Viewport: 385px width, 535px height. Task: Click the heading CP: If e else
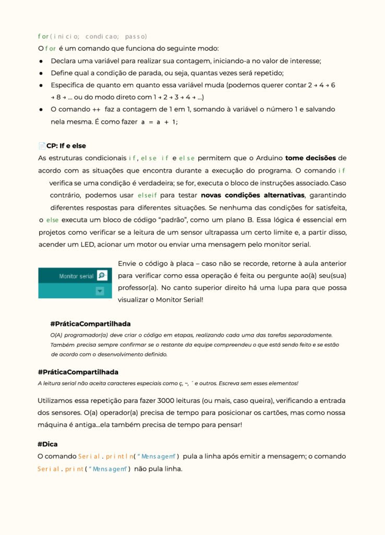tap(66, 146)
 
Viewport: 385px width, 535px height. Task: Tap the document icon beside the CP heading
tap(42, 146)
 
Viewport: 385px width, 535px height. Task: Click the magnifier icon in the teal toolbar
tap(102, 275)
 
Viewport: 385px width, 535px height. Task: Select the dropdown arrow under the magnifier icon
tap(100, 292)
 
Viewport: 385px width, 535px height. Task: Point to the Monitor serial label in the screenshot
tap(76, 276)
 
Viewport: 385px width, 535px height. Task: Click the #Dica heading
tap(47, 444)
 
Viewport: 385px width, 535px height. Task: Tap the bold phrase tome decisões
tap(310, 158)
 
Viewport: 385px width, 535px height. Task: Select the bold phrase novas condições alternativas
tap(252, 195)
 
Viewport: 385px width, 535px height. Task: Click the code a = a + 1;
tap(160, 122)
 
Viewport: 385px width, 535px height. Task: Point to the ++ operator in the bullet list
tap(97, 110)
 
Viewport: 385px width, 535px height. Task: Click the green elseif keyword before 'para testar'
tap(147, 195)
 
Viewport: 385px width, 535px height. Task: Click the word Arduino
tap(268, 158)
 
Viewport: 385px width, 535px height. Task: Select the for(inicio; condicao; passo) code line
tap(92, 36)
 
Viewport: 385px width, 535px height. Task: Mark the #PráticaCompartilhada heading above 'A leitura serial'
tap(78, 372)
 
